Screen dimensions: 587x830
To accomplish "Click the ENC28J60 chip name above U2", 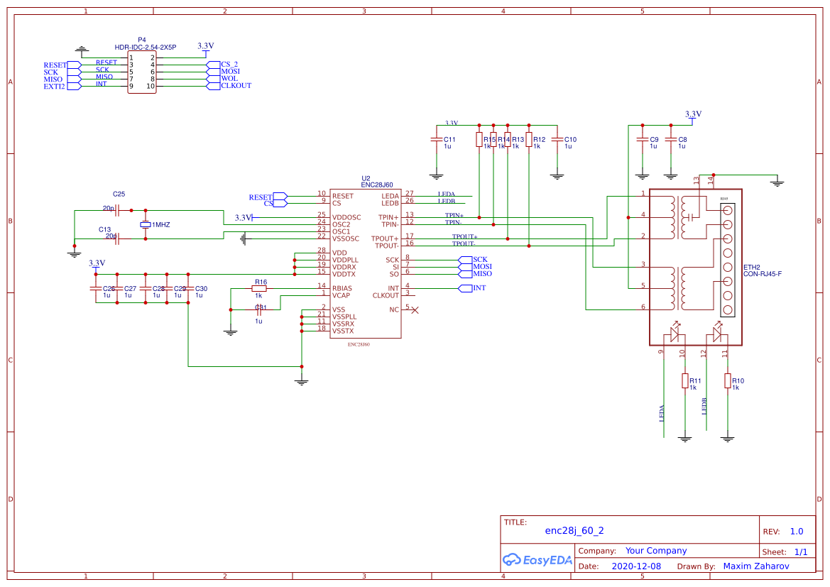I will coord(377,185).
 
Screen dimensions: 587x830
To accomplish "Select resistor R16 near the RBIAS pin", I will coord(259,289).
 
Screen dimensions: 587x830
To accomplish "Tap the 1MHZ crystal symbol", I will coord(146,224).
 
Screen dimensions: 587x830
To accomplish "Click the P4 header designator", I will coord(142,40).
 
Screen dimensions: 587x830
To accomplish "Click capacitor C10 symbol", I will coord(557,139).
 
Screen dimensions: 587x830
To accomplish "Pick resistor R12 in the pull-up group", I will coord(529,139).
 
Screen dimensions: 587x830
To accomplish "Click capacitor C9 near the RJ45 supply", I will coord(642,140).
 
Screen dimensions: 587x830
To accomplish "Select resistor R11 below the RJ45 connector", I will coord(684,380).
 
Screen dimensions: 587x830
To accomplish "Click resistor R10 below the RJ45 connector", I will coord(727,380).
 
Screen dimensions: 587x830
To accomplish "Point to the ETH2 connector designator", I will coord(752,268).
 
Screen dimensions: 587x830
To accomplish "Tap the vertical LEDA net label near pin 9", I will coord(662,413).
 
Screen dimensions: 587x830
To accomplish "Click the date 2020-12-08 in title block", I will coord(635,566).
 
